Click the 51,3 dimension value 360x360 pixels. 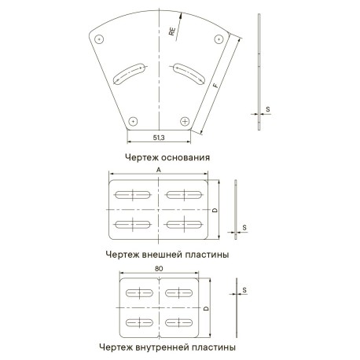(159, 138)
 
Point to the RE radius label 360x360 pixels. (172, 31)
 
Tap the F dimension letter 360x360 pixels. (215, 86)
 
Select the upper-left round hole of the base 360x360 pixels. (99, 39)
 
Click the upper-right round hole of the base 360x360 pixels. (219, 39)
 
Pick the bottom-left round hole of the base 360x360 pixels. (133, 121)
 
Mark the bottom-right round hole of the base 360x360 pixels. (185, 121)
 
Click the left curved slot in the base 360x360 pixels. (129, 73)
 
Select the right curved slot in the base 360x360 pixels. (189, 73)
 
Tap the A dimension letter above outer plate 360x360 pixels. (159, 170)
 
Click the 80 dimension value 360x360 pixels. (159, 269)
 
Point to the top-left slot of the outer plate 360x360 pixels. (133, 195)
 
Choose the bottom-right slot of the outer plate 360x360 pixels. (185, 225)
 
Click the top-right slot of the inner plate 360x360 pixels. (178, 292)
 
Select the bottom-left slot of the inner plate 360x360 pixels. (139, 322)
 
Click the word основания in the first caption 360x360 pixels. (186, 157)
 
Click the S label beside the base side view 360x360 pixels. (268, 109)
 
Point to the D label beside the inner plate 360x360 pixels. (207, 308)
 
